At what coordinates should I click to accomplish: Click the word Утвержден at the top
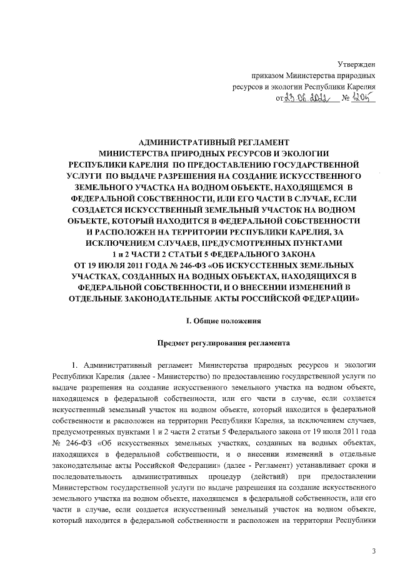tap(356, 64)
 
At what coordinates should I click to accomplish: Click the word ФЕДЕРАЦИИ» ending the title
tap(331, 299)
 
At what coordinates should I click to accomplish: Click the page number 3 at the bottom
tap(373, 550)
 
